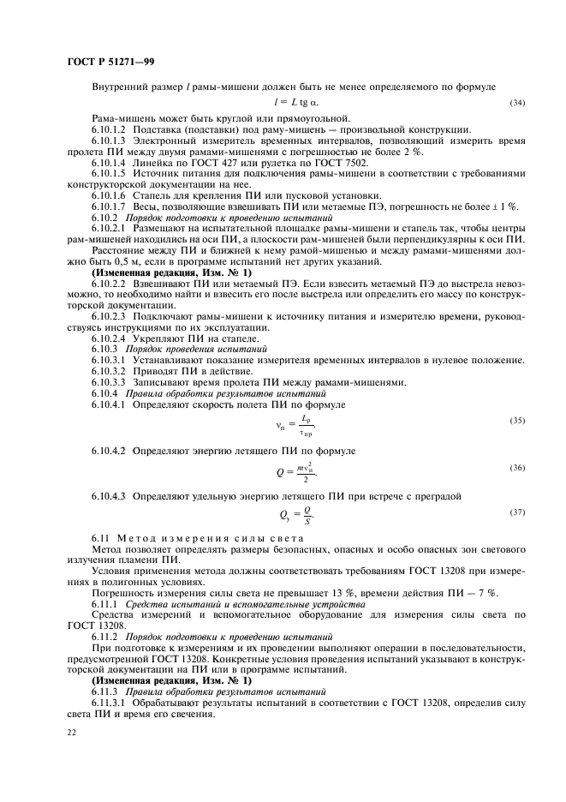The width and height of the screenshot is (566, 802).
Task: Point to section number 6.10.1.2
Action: [x=109, y=129]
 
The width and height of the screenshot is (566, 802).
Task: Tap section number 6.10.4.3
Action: [x=109, y=495]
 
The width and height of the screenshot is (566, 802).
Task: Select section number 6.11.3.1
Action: [x=109, y=701]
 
